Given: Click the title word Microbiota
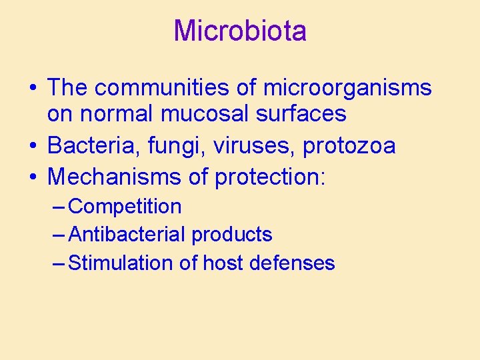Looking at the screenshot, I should click(x=240, y=31).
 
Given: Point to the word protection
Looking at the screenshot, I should click(x=270, y=177).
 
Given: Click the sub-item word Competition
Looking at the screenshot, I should click(x=125, y=207).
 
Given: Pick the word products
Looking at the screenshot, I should click(x=231, y=235).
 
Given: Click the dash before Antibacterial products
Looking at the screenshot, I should click(x=59, y=235).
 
